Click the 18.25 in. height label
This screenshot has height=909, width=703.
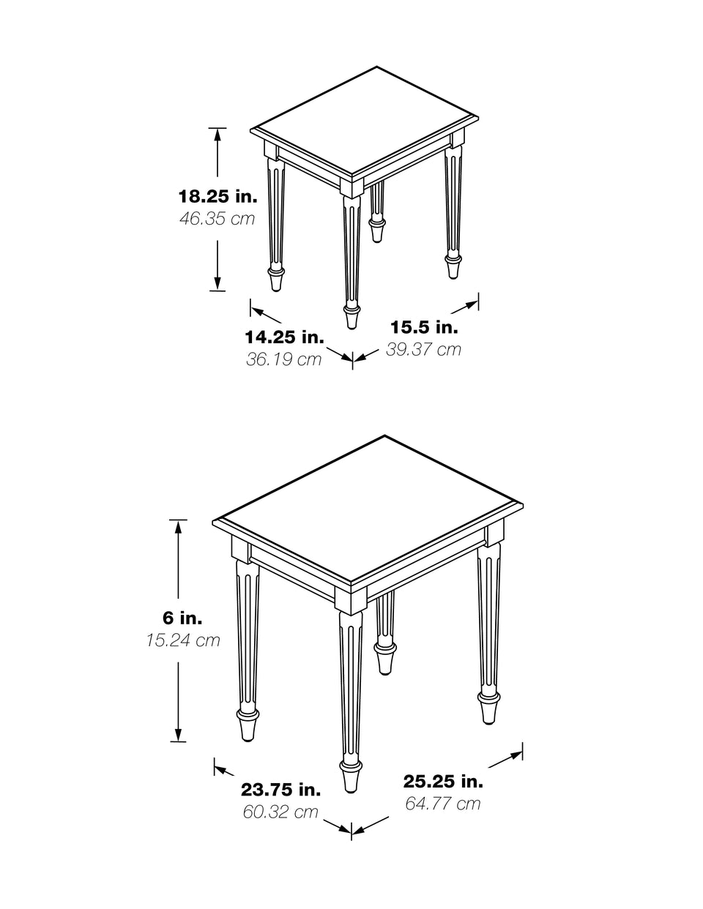[218, 196]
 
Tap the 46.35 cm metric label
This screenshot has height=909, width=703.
[217, 219]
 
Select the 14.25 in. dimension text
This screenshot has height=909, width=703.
[285, 337]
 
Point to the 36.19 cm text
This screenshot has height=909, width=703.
[283, 359]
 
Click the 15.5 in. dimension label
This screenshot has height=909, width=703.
[424, 327]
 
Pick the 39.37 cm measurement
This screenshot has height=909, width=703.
[423, 349]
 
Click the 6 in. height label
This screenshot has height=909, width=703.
[182, 618]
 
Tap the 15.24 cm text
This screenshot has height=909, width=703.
[183, 640]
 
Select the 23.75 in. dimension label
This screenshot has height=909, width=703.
[280, 790]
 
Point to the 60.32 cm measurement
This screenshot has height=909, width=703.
[280, 812]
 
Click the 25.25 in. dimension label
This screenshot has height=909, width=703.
[443, 782]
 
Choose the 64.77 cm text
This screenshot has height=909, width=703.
[443, 804]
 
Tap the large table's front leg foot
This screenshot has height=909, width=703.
[351, 776]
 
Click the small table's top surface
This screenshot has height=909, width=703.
[365, 121]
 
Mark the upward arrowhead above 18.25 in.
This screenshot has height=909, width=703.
[217, 135]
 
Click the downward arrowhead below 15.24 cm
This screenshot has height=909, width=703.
[178, 734]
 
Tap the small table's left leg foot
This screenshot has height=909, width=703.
[276, 280]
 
